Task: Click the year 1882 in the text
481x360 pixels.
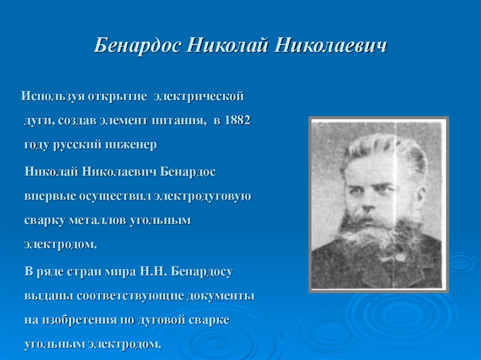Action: click(x=238, y=120)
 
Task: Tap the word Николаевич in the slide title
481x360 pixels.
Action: click(x=330, y=47)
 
